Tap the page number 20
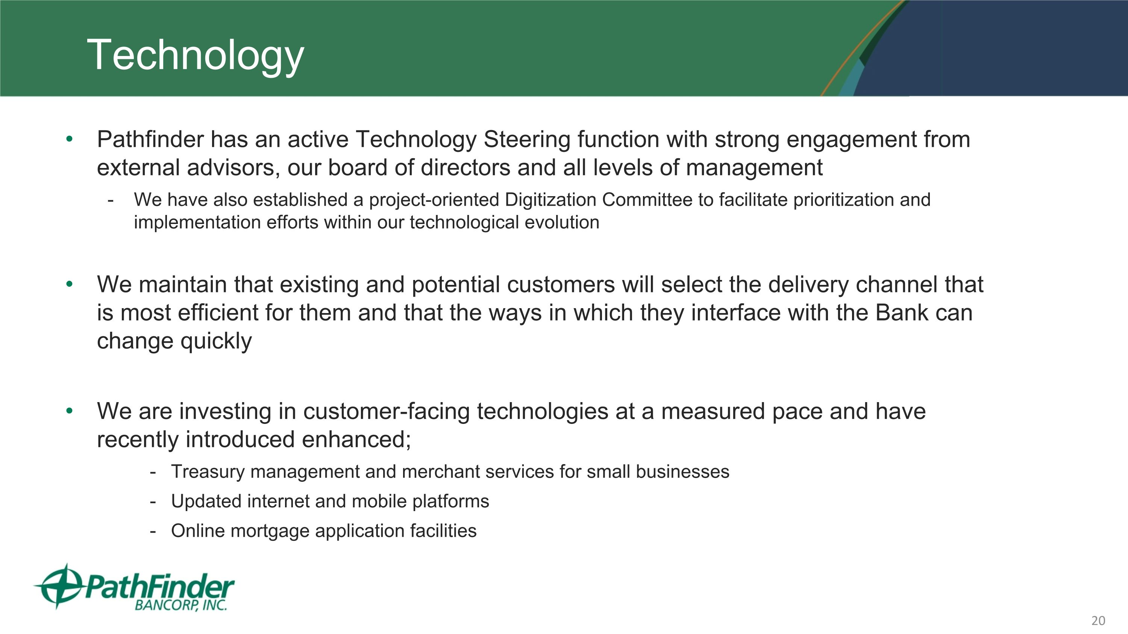[1098, 620]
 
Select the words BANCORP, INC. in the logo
[180, 605]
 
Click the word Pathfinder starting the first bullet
[150, 139]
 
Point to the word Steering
[526, 139]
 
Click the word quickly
[216, 341]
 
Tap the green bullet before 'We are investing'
[69, 411]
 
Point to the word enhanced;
[356, 440]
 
